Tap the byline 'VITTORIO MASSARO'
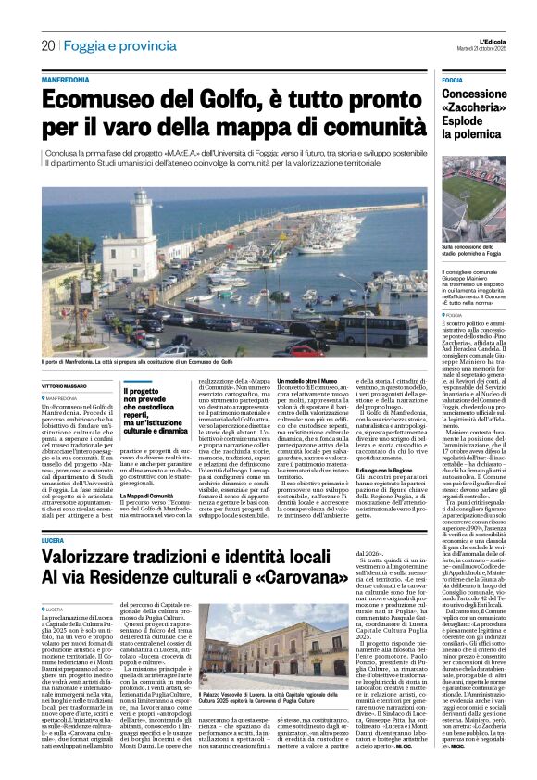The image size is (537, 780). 66,386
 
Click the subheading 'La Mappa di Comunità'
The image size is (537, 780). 149,497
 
